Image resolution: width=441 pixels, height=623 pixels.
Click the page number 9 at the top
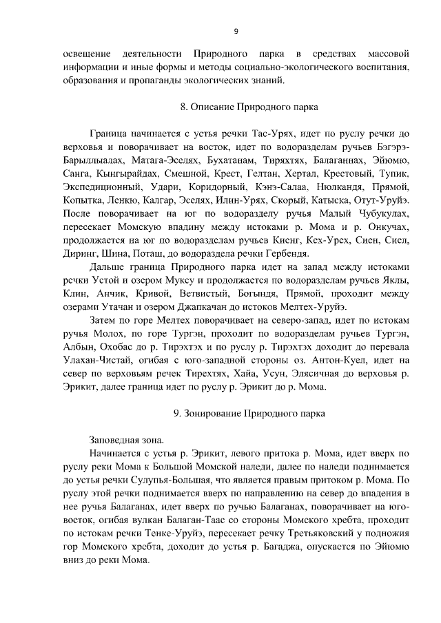(x=236, y=30)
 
